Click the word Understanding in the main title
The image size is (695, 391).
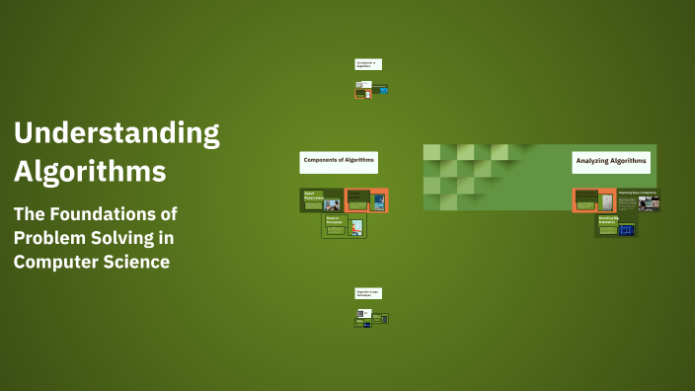(x=116, y=132)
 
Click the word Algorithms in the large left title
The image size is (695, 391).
(x=89, y=171)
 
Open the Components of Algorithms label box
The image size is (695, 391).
(x=339, y=161)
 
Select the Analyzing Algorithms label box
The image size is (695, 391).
(x=611, y=160)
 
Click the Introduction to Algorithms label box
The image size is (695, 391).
(x=367, y=64)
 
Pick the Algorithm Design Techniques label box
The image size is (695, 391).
(x=367, y=293)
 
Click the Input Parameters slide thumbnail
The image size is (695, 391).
(x=322, y=200)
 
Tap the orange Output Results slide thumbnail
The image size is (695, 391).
(x=366, y=200)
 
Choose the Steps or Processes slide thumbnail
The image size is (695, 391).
(x=344, y=226)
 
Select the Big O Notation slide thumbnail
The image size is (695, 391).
(x=616, y=226)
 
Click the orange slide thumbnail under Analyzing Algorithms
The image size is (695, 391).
(x=593, y=200)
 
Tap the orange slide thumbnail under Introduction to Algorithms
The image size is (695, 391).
(x=362, y=94)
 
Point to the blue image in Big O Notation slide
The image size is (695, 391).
(x=626, y=230)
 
